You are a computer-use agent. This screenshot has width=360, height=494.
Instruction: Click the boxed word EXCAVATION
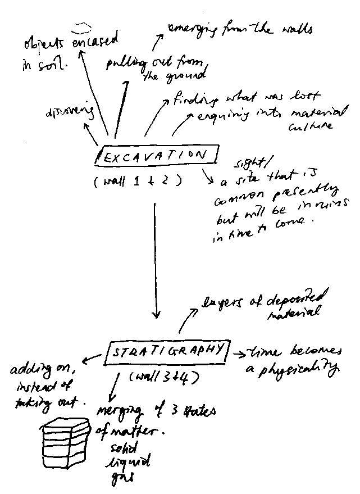tap(154, 157)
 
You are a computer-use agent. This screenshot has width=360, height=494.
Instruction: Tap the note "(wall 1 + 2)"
tap(138, 181)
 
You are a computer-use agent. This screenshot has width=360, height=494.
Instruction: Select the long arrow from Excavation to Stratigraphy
tap(157, 259)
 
